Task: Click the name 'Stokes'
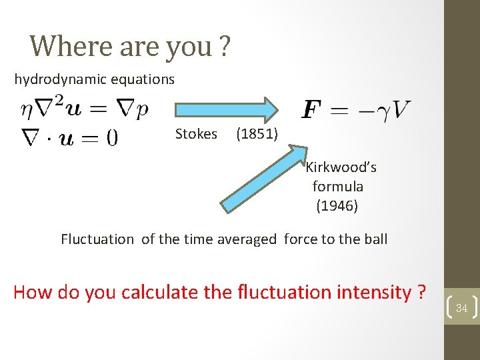pyautogui.click(x=196, y=134)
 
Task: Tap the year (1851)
pyautogui.click(x=257, y=134)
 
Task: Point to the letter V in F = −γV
pyautogui.click(x=401, y=109)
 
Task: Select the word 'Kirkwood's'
pyautogui.click(x=341, y=167)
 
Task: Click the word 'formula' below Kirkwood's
pyautogui.click(x=338, y=187)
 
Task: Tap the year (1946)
pyautogui.click(x=337, y=206)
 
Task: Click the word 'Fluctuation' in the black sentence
pyautogui.click(x=97, y=239)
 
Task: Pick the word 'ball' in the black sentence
pyautogui.click(x=374, y=239)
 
